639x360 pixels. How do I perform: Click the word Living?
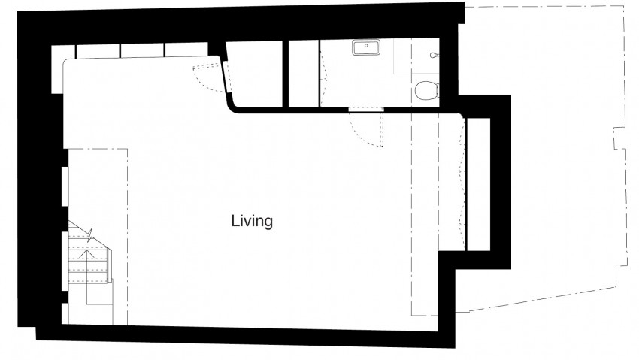click(251, 222)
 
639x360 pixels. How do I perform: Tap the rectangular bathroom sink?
click(367, 48)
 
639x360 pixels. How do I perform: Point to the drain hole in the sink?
click(367, 46)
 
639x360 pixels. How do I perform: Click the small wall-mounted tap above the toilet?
click(432, 55)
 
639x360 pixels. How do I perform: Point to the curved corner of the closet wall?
click(235, 106)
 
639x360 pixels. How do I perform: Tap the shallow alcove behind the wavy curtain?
click(477, 184)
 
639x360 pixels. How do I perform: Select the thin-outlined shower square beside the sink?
click(407, 56)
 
